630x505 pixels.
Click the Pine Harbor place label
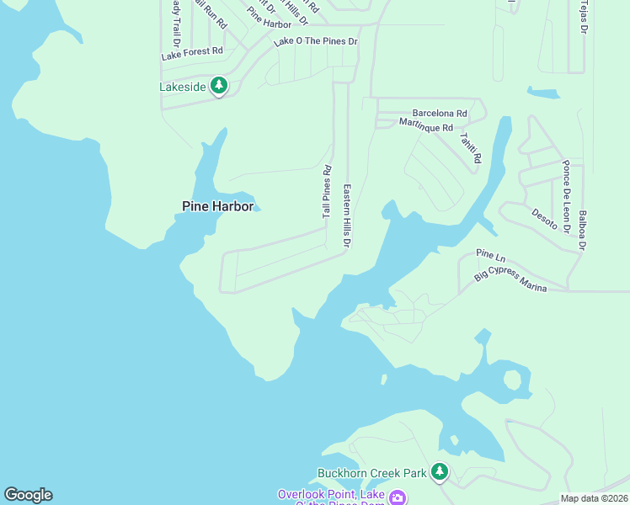[217, 205]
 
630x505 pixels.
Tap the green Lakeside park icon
[219, 86]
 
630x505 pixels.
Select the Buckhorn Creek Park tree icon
[439, 472]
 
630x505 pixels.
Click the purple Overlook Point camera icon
[397, 497]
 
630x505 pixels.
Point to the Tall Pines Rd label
[327, 193]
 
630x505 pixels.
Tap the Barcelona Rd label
[439, 113]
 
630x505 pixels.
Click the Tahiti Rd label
[470, 146]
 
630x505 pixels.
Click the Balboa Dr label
[581, 224]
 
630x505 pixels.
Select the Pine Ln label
[489, 253]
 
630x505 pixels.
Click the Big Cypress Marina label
[510, 281]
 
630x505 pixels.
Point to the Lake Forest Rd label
[192, 51]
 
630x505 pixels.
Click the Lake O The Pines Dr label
[316, 41]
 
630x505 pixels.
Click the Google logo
[28, 495]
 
